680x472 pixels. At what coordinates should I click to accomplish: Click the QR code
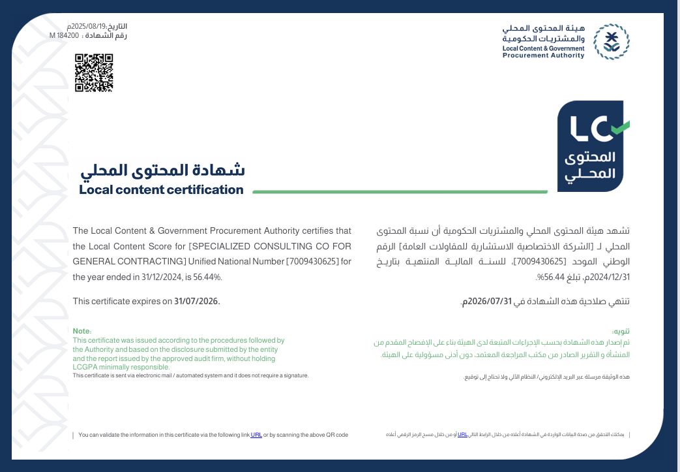click(94, 72)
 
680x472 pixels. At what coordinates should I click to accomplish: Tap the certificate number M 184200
click(64, 36)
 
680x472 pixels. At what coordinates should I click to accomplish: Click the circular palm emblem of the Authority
click(611, 42)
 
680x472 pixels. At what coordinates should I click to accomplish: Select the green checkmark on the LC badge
click(619, 127)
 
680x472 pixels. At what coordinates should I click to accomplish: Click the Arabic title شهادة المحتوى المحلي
click(163, 170)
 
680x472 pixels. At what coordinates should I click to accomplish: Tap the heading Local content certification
click(161, 190)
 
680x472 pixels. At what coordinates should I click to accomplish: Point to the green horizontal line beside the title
click(399, 192)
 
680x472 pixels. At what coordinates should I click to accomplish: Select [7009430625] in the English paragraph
click(312, 262)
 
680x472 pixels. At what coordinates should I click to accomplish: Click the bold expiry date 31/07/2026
click(197, 301)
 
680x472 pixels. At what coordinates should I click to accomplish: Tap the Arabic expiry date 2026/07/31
click(486, 302)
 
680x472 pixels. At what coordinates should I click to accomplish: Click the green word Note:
click(82, 332)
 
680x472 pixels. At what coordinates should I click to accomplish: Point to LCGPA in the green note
click(84, 367)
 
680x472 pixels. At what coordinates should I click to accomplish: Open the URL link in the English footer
click(256, 435)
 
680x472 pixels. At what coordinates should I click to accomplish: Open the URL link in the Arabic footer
click(462, 434)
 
